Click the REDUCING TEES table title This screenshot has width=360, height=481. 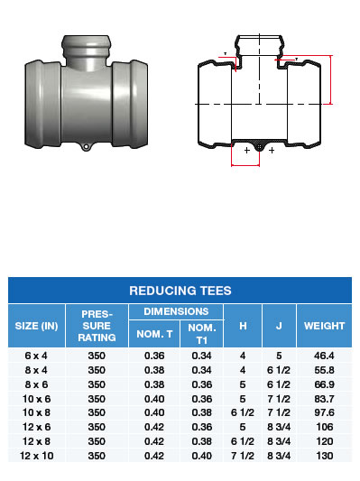coord(180,291)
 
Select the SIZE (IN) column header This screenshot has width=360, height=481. coord(36,326)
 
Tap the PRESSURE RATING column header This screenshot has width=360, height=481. coord(97,326)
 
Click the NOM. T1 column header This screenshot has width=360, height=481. coord(202,334)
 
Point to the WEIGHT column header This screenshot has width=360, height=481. coord(324,326)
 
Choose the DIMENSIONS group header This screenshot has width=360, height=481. coord(176,311)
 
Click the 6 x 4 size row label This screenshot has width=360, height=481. coord(36,356)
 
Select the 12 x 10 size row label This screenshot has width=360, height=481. coord(36,456)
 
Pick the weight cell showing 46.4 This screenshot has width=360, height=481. coord(324,356)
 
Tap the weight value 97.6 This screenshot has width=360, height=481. coord(324,412)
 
